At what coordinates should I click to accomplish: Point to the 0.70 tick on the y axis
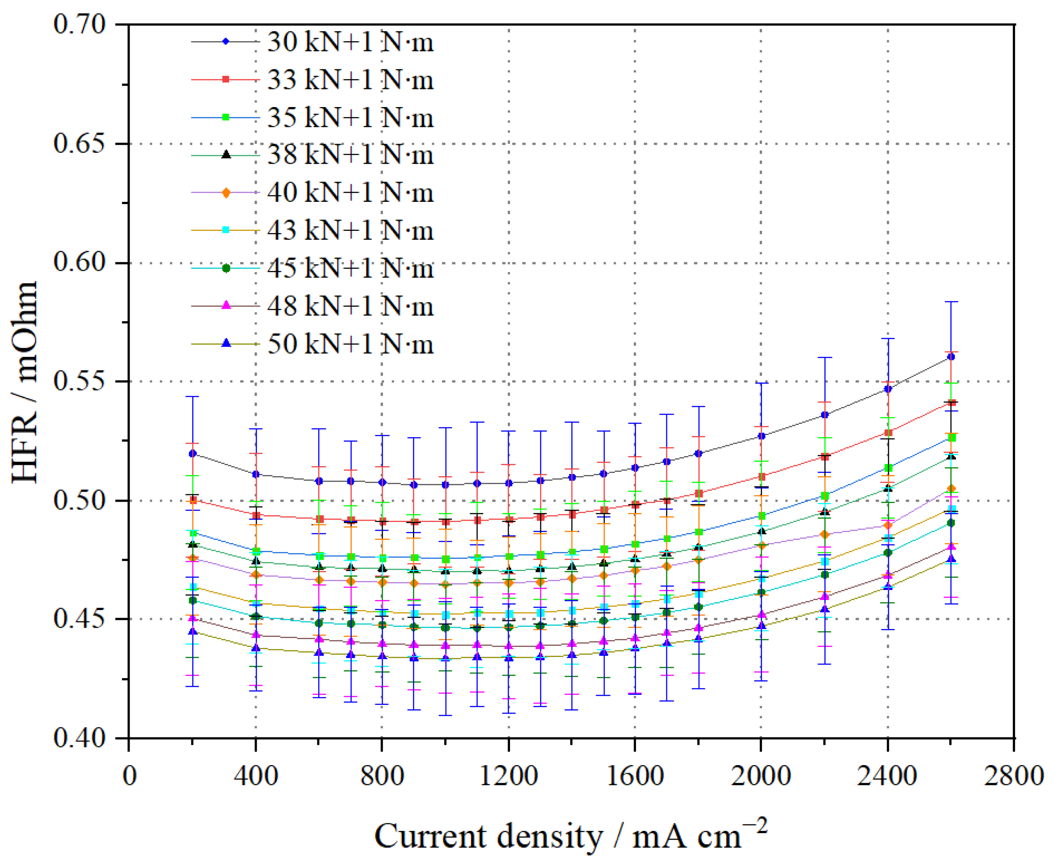(x=80, y=24)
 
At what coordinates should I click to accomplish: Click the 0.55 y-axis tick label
(x=80, y=382)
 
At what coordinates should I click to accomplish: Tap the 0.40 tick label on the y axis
(x=80, y=738)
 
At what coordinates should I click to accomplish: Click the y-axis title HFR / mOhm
(x=25, y=382)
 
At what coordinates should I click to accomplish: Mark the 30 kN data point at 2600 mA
(x=951, y=357)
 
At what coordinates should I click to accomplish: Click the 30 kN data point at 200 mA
(x=193, y=454)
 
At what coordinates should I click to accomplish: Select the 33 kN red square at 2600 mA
(x=951, y=403)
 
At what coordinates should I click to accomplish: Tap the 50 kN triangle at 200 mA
(x=193, y=632)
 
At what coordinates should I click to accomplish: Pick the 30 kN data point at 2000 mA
(x=761, y=436)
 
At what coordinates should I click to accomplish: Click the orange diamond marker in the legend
(x=226, y=193)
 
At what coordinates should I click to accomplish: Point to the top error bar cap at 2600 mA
(x=951, y=302)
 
